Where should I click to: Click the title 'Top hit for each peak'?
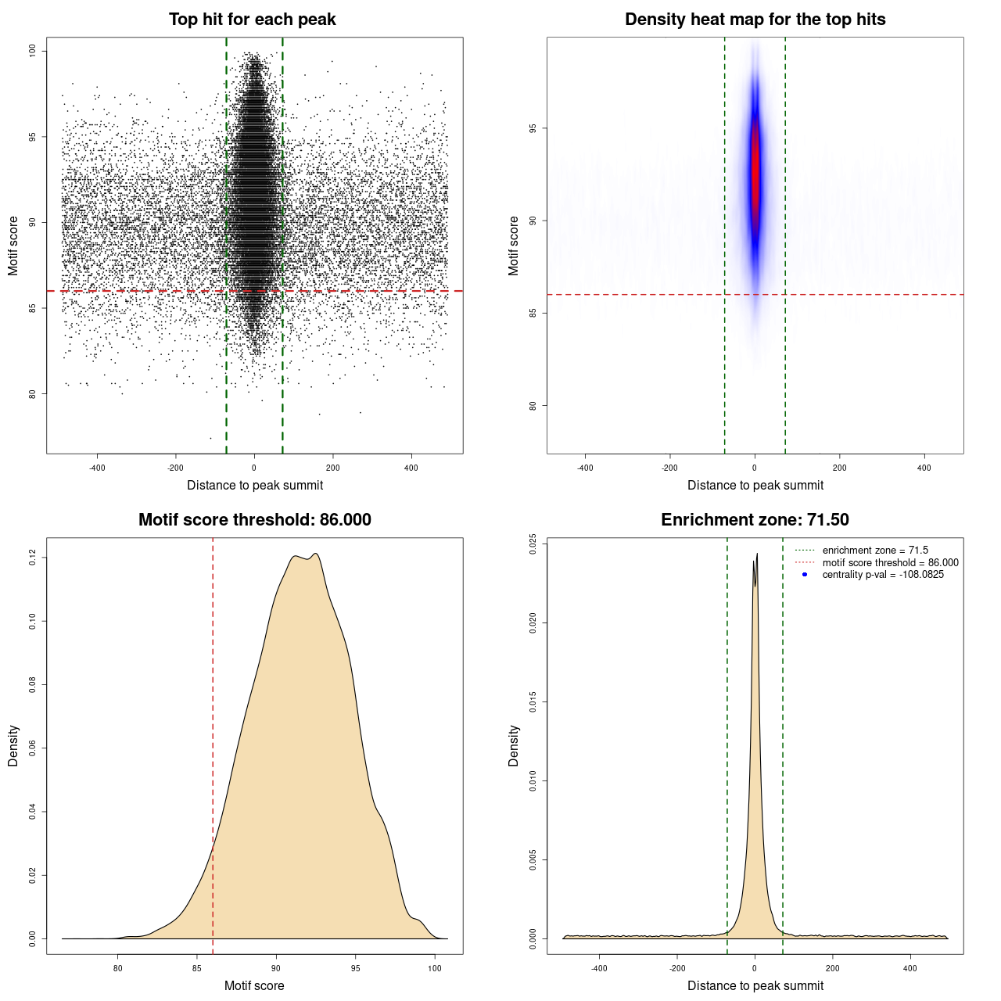(252, 20)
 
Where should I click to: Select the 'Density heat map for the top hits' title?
(755, 20)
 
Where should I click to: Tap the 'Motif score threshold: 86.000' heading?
(254, 520)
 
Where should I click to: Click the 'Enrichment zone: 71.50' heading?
(755, 520)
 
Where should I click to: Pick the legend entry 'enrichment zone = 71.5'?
(875, 551)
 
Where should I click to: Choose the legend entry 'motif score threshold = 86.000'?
(890, 562)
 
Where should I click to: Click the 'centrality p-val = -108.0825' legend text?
(883, 575)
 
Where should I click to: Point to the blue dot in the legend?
(805, 575)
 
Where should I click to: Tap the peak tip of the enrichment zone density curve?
(756, 554)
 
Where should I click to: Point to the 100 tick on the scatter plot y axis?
(33, 51)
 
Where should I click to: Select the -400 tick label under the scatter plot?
(97, 468)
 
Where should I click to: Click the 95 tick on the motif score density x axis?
(356, 968)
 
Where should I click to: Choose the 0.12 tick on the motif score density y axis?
(33, 557)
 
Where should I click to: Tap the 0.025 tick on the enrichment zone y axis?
(533, 544)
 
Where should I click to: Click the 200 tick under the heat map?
(839, 468)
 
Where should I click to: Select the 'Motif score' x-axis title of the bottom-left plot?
(254, 985)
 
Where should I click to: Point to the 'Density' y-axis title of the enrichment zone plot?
(514, 745)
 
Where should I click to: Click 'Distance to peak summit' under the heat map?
(755, 485)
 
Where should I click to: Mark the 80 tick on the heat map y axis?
(533, 405)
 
